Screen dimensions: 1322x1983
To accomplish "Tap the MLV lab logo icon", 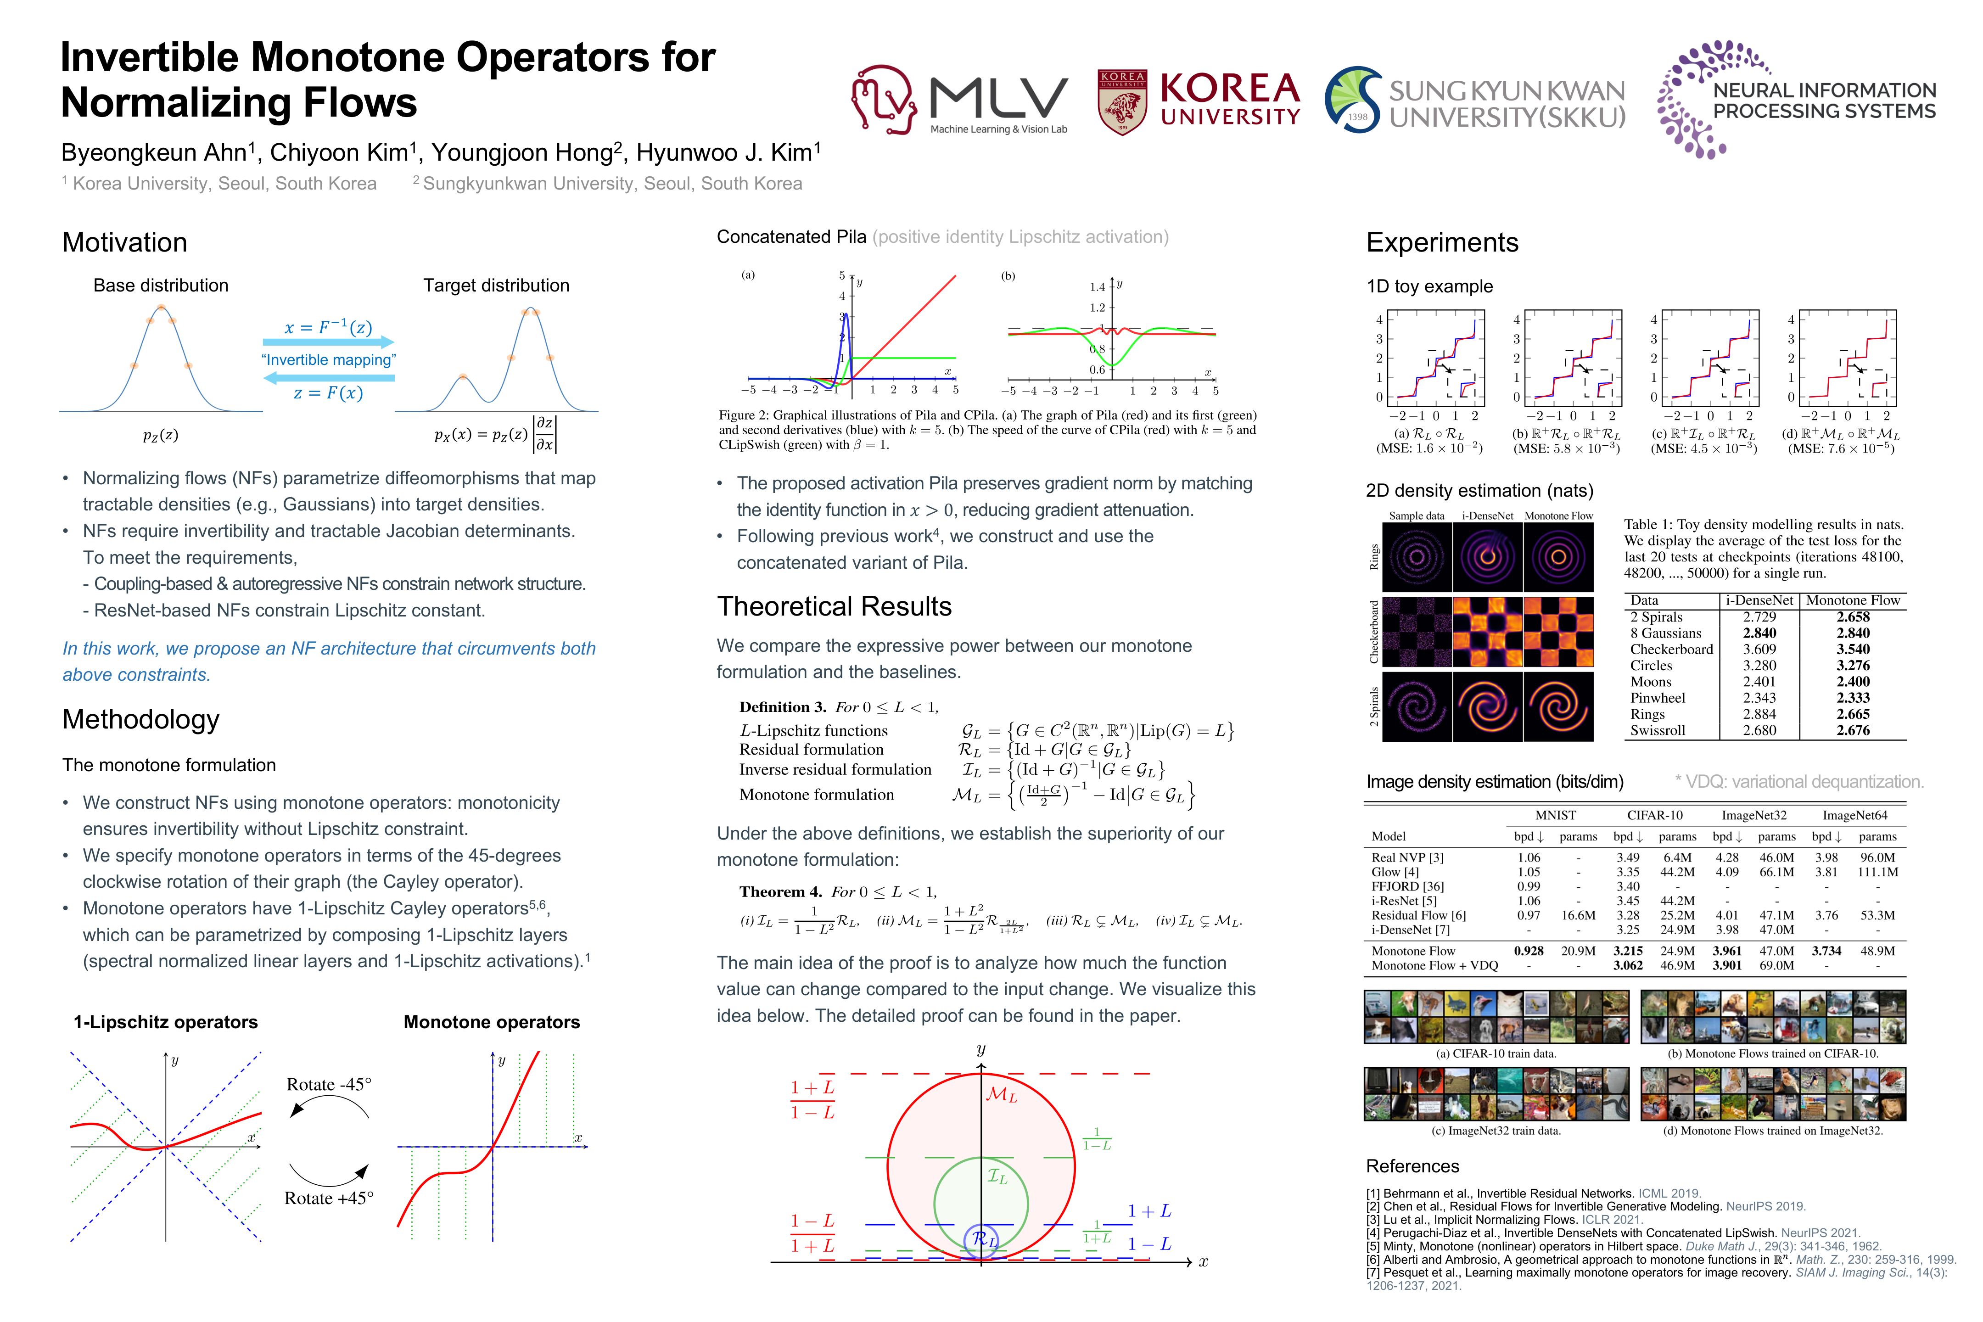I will pyautogui.click(x=884, y=100).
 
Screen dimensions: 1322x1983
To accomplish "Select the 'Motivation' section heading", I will pyautogui.click(x=125, y=243).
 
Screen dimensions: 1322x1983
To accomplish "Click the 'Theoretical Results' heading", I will pyautogui.click(x=834, y=606).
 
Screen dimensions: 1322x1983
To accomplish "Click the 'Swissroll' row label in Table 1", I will pyautogui.click(x=1658, y=730).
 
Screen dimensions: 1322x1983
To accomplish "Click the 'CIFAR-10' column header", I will pyautogui.click(x=1654, y=815).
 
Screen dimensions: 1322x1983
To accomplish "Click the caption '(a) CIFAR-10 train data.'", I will pyautogui.click(x=1496, y=1054).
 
